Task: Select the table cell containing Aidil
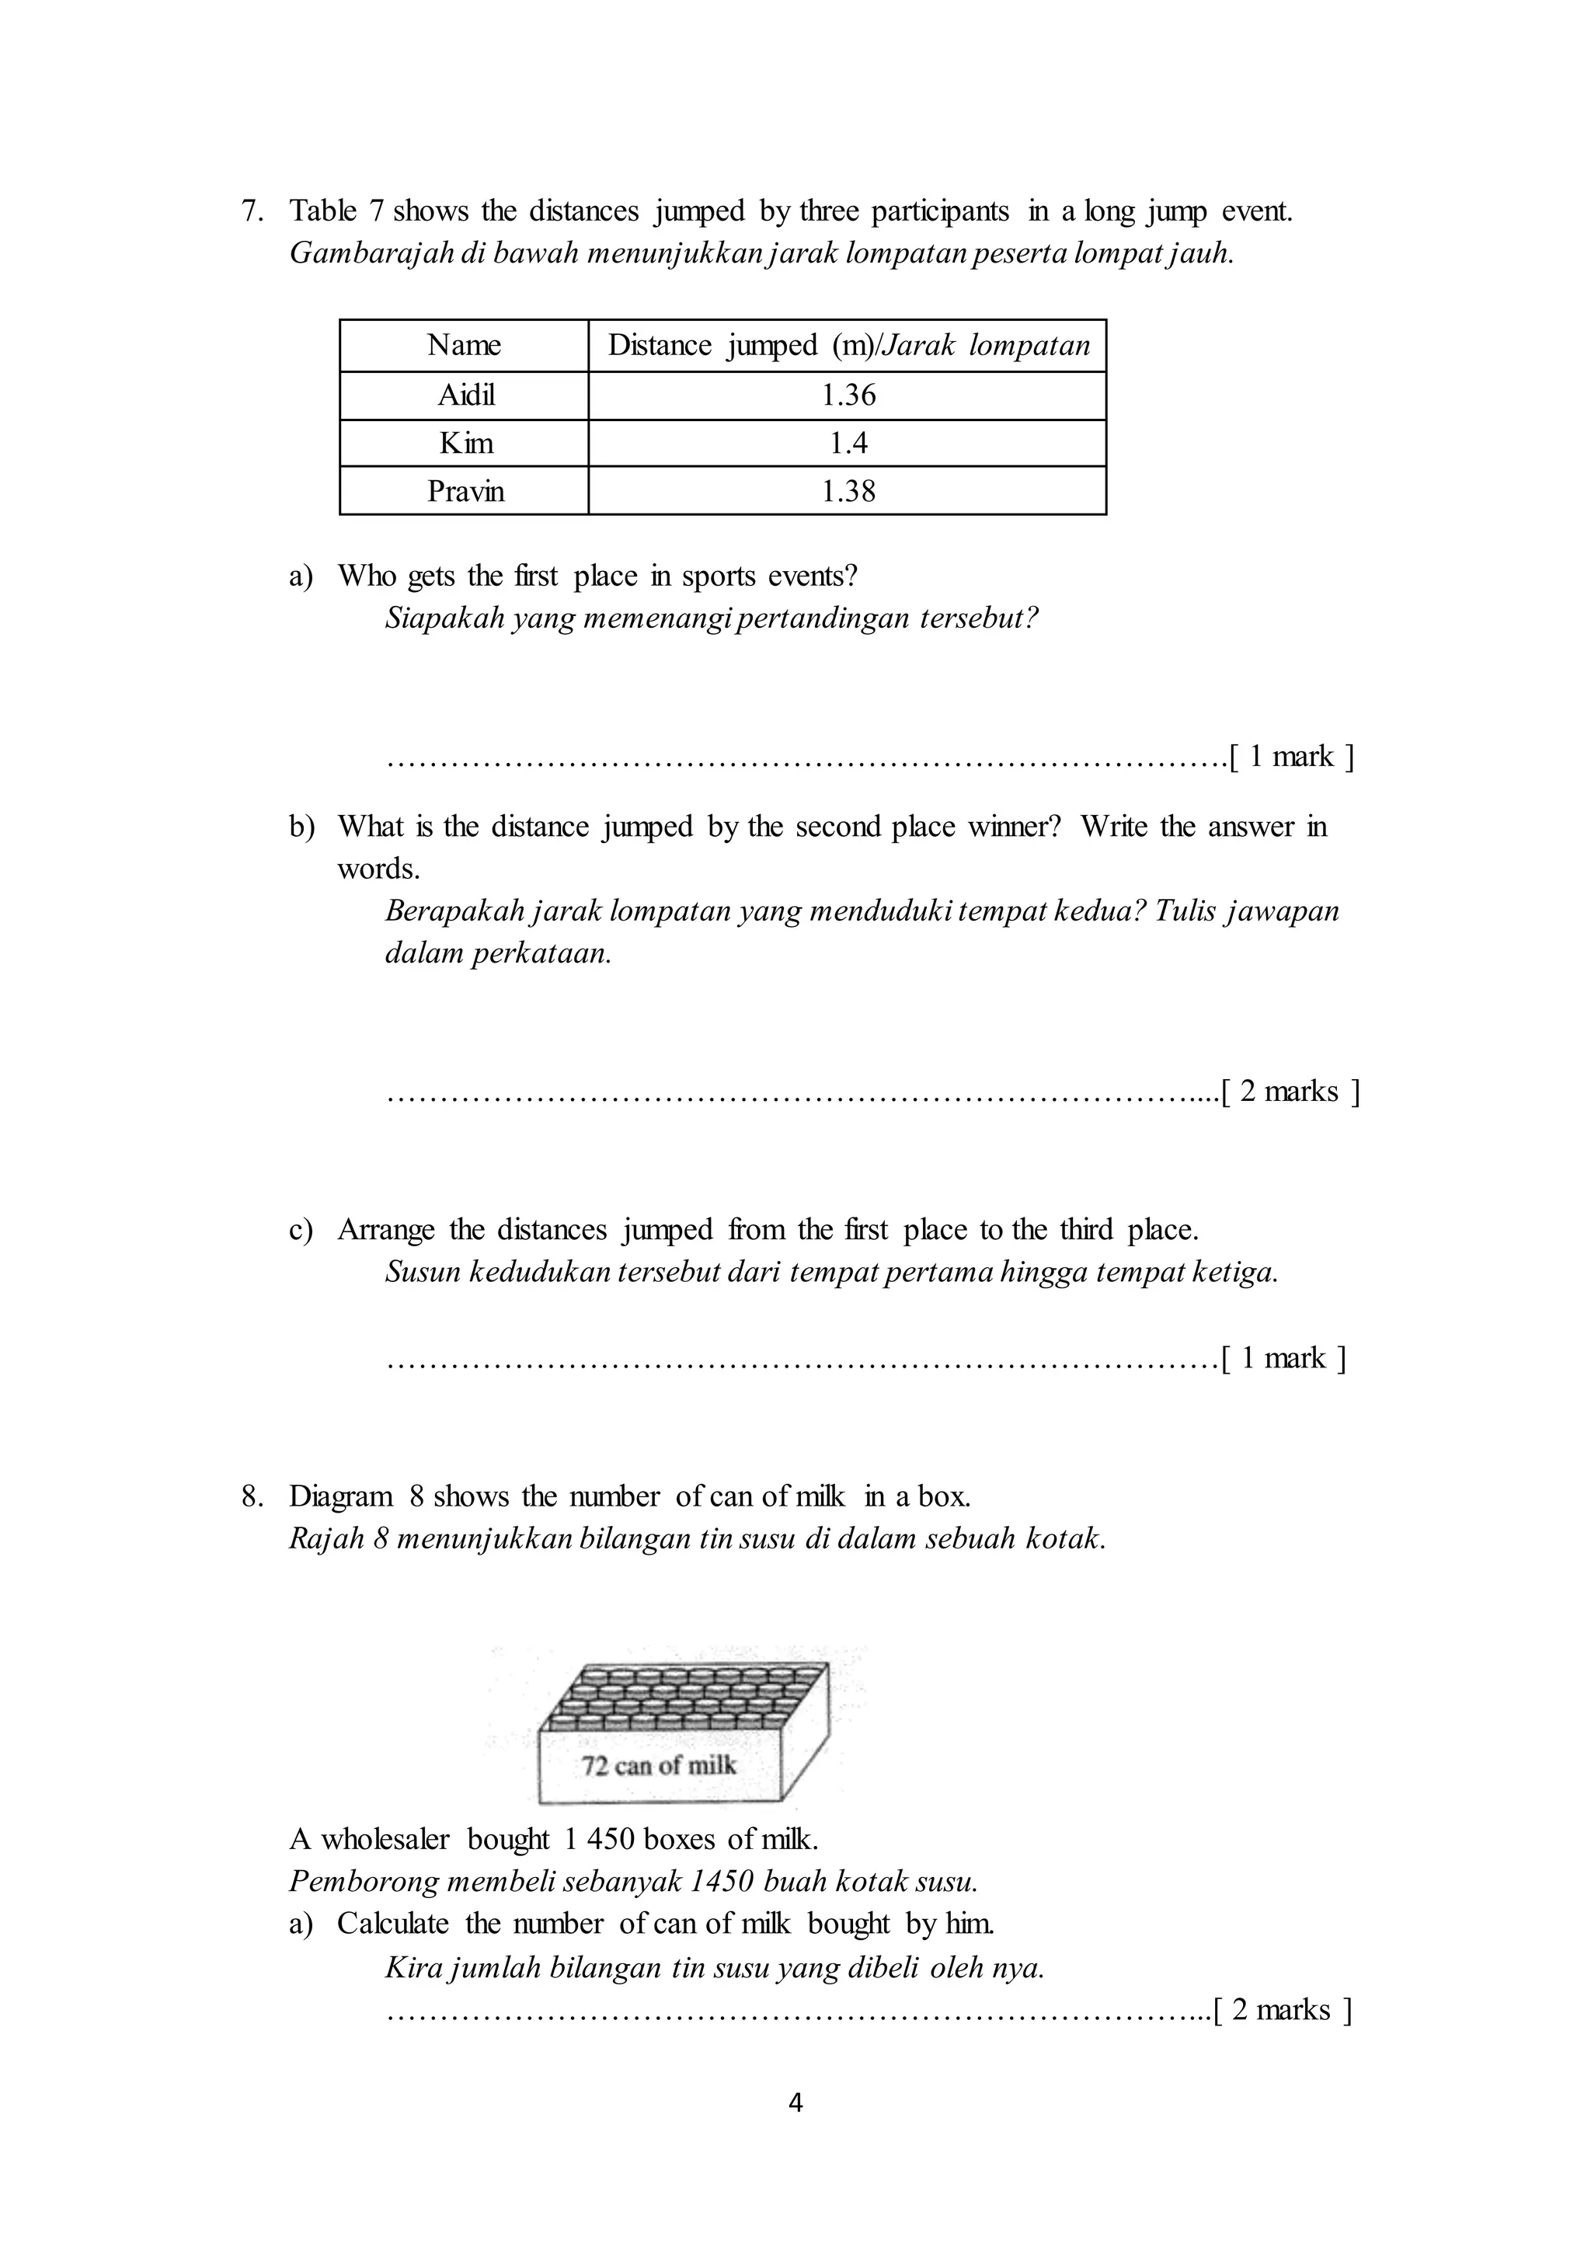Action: coord(465,395)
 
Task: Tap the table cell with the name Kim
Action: coord(465,443)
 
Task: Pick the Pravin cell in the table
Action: coord(465,491)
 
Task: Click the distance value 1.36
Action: coord(848,395)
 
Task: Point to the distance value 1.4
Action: coord(848,443)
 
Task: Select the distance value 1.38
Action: coord(848,491)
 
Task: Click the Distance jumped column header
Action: coord(848,345)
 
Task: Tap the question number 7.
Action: coord(252,211)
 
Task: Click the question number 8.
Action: coord(252,1496)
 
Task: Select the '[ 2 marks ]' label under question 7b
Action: coord(1292,1092)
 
